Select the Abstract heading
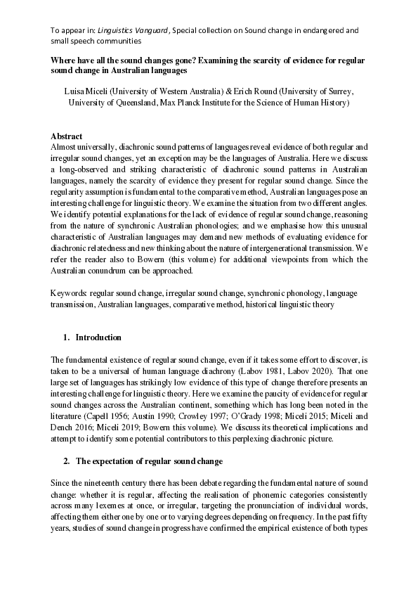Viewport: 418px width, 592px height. (x=66, y=136)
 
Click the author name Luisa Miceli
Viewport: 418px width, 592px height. (x=86, y=92)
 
